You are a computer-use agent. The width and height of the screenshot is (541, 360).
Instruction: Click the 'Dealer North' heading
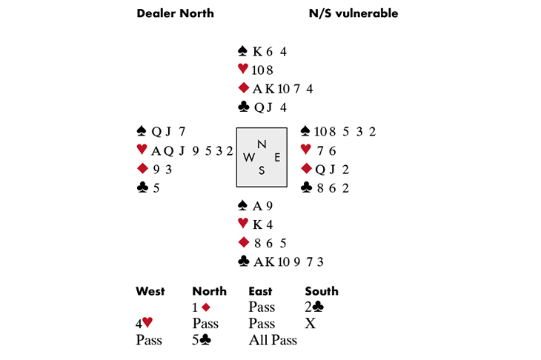175,13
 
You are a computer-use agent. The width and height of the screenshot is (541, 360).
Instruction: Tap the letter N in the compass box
261,144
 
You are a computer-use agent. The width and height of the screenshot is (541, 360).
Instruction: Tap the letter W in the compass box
249,157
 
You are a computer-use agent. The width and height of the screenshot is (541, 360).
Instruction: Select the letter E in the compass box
277,157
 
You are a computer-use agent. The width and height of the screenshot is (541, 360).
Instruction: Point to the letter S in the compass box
261,170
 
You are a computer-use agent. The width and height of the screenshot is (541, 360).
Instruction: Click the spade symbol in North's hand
242,51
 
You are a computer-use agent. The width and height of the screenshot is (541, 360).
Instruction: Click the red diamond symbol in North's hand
242,89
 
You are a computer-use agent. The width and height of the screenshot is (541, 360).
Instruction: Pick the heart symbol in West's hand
143,150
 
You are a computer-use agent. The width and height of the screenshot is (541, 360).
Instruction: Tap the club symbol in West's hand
143,188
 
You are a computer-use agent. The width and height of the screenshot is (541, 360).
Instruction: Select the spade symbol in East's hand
305,132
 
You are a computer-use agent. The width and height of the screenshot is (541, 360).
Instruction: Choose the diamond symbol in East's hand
305,170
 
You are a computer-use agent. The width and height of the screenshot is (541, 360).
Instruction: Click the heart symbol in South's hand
242,224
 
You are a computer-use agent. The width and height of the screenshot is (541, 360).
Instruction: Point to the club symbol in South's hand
242,261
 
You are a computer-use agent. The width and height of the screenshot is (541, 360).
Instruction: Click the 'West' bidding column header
150,291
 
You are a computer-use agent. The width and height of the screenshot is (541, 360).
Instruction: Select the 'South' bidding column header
322,291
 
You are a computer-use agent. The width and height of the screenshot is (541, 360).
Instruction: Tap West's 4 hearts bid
145,324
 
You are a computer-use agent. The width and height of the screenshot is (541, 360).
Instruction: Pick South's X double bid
310,324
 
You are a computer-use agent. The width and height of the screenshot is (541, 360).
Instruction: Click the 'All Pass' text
273,340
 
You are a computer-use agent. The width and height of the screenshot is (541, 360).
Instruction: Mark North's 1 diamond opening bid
201,307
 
